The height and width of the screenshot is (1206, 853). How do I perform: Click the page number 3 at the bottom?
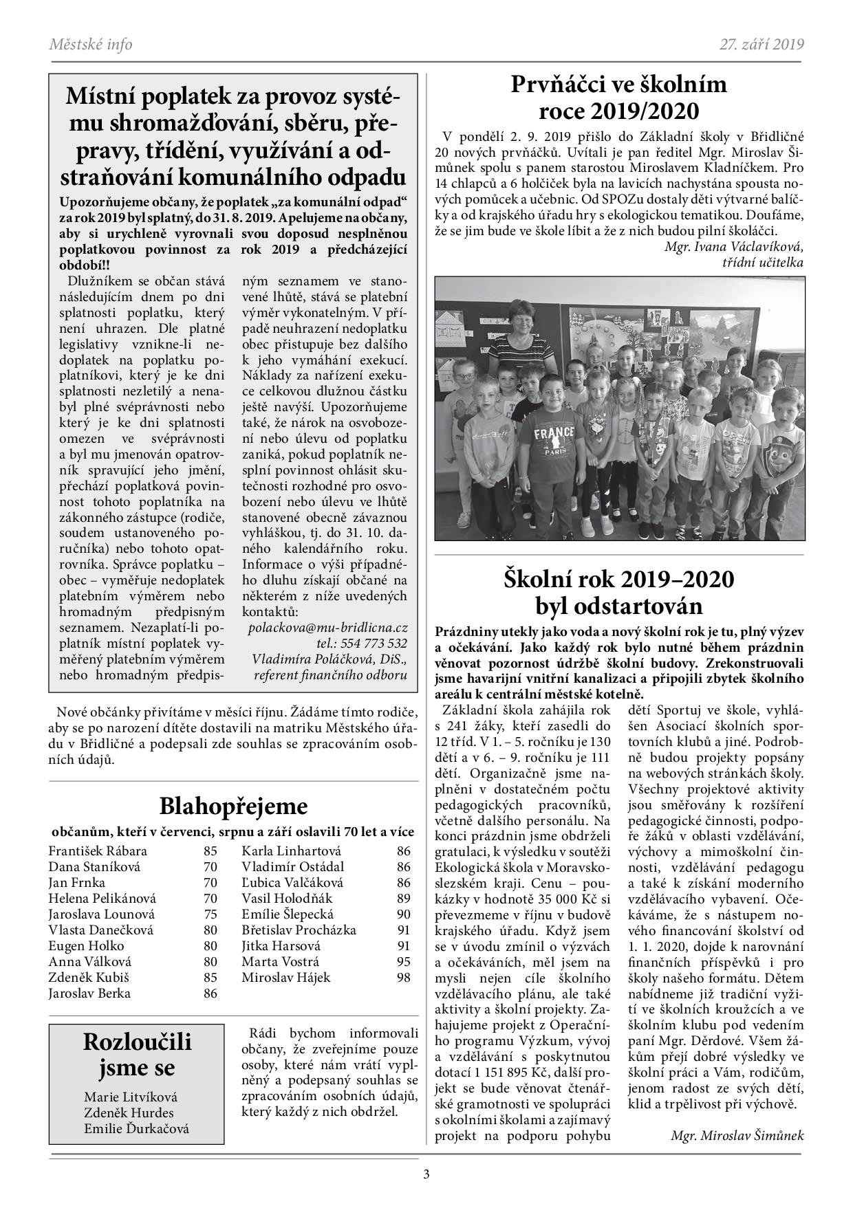click(x=426, y=1174)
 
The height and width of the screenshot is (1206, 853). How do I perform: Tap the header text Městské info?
click(x=91, y=45)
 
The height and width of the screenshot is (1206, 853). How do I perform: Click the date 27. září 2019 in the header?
click(x=762, y=45)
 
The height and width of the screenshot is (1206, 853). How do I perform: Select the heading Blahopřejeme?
click(x=233, y=805)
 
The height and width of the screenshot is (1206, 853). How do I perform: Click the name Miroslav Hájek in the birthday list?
click(x=286, y=977)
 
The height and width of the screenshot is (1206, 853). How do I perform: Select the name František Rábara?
click(x=98, y=851)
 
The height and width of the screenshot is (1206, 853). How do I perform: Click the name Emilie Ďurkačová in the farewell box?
click(x=136, y=1128)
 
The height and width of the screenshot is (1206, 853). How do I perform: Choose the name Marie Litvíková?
click(x=131, y=1097)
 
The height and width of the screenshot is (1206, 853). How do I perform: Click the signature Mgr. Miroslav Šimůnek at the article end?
click(x=737, y=1135)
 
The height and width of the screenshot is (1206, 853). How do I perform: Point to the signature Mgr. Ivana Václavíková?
click(x=734, y=247)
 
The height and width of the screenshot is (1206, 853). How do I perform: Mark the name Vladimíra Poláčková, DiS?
click(x=330, y=659)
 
